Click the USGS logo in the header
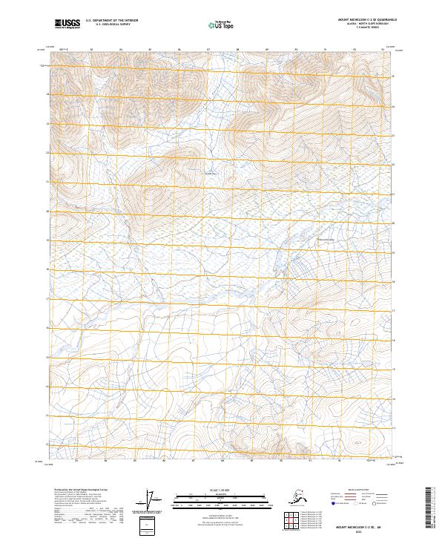coord(67,24)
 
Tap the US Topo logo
coord(222,24)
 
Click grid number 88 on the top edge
coord(237,50)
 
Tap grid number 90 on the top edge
coord(296,50)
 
